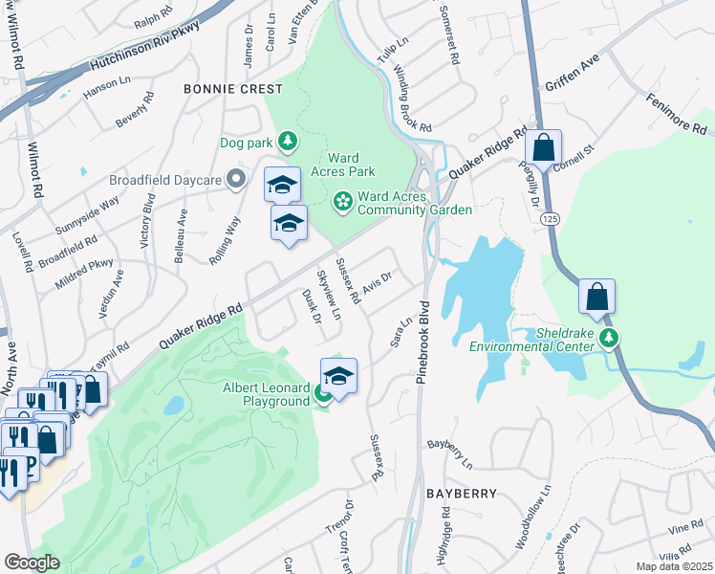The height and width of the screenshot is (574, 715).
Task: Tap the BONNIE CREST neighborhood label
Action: (x=234, y=89)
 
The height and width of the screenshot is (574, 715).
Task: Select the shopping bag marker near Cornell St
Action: (x=543, y=148)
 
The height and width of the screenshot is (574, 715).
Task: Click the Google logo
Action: (x=32, y=563)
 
